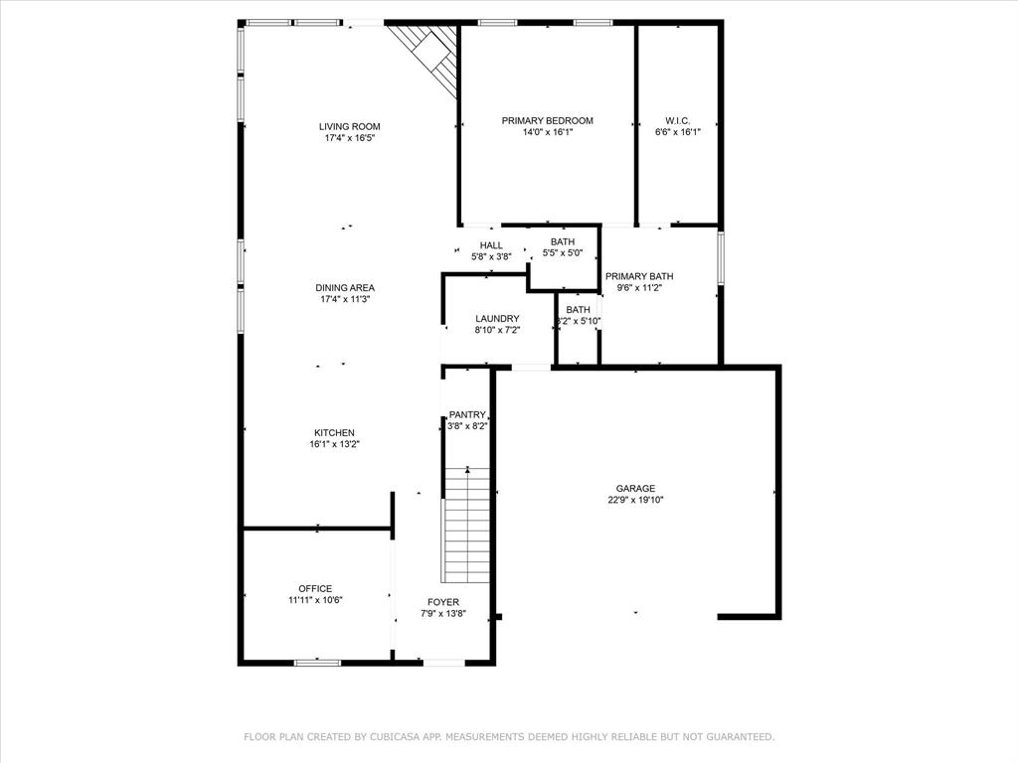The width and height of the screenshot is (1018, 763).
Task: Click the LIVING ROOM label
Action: pyautogui.click(x=349, y=126)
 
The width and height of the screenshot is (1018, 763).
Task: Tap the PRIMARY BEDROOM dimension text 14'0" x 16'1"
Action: pyautogui.click(x=547, y=132)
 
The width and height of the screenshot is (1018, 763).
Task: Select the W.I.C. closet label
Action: pyautogui.click(x=677, y=120)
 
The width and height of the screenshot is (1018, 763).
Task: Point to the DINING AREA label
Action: pyautogui.click(x=346, y=287)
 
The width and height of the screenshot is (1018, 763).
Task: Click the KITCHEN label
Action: pyautogui.click(x=334, y=432)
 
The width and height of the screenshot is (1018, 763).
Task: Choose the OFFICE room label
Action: pyautogui.click(x=315, y=588)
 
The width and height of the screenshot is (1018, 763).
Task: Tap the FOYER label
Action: pyautogui.click(x=443, y=602)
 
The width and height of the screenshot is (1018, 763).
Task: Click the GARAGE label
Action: pyautogui.click(x=635, y=488)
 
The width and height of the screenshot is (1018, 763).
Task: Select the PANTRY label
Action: pyautogui.click(x=467, y=414)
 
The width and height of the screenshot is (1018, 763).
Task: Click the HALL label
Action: pyautogui.click(x=491, y=244)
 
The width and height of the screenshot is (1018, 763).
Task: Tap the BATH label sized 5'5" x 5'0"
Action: pyautogui.click(x=563, y=241)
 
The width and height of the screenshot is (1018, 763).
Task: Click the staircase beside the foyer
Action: pyautogui.click(x=466, y=524)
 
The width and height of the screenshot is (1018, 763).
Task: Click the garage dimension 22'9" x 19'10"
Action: pyautogui.click(x=635, y=501)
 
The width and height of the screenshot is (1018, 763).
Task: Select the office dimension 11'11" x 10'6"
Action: pyautogui.click(x=315, y=600)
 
